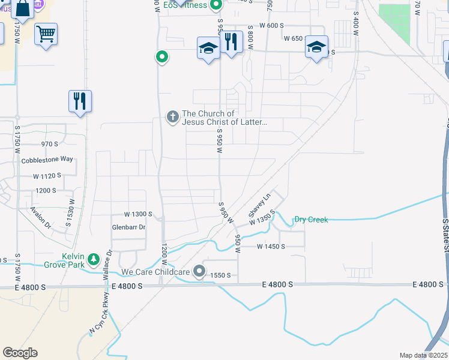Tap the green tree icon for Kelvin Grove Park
pyautogui.click(x=94, y=259)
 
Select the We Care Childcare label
pyautogui.click(x=155, y=272)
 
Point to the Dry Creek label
pyautogui.click(x=311, y=220)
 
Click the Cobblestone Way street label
pyautogui.click(x=47, y=160)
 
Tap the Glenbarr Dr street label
pyautogui.click(x=129, y=227)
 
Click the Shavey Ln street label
pyautogui.click(x=260, y=205)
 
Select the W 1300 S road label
pyautogui.click(x=139, y=214)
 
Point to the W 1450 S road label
pyautogui.click(x=271, y=247)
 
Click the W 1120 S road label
pyautogui.click(x=47, y=176)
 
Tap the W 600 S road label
pyautogui.click(x=271, y=25)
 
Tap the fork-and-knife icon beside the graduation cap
pyautogui.click(x=231, y=42)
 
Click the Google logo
pyautogui.click(x=20, y=352)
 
